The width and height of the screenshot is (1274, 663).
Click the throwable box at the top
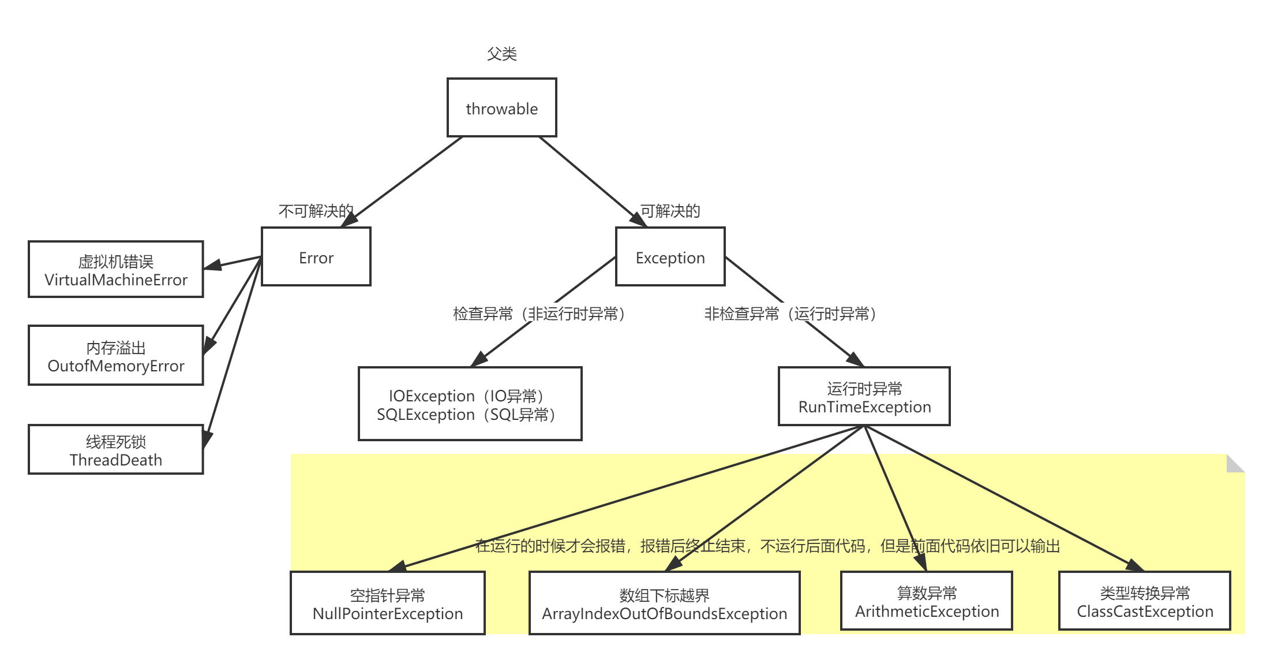click(501, 108)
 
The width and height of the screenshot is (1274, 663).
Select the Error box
click(316, 257)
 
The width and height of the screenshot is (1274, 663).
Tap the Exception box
click(670, 257)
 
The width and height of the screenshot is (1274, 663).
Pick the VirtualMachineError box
click(115, 270)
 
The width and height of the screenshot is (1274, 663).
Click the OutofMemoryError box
click(115, 356)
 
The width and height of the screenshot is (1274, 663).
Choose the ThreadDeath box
click(115, 450)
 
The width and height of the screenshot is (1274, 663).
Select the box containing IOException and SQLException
click(470, 404)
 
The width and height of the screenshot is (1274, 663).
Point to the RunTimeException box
click(864, 397)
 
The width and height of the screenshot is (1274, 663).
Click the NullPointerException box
click(387, 604)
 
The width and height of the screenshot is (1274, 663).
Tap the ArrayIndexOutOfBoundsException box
click(664, 604)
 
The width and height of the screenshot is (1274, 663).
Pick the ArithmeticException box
click(926, 601)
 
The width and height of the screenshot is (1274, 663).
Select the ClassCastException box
click(1144, 601)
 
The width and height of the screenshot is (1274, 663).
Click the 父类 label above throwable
click(501, 54)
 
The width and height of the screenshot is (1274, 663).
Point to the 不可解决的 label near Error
click(315, 211)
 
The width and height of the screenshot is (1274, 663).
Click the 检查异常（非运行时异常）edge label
click(542, 313)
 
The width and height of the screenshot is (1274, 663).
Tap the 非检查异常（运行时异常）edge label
click(794, 313)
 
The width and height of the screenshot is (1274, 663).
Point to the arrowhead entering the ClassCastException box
click(1134, 565)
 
